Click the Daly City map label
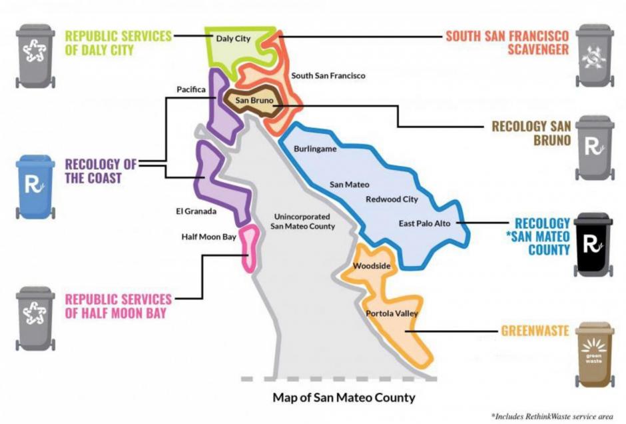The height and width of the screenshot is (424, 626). [x=233, y=39]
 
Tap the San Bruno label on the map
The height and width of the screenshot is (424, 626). [x=250, y=101]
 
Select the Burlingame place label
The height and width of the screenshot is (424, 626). [x=315, y=149]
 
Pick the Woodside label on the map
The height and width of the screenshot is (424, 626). [x=372, y=266]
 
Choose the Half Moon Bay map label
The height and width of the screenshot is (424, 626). [x=208, y=236]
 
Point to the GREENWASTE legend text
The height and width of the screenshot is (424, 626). [x=534, y=329]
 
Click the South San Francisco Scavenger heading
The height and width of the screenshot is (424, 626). [x=507, y=42]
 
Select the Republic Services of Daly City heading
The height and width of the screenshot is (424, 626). [x=119, y=42]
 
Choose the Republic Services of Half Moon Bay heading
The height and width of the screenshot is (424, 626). [x=118, y=305]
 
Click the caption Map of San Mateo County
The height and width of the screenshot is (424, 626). [x=344, y=398]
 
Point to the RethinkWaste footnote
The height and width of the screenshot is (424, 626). [x=552, y=416]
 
